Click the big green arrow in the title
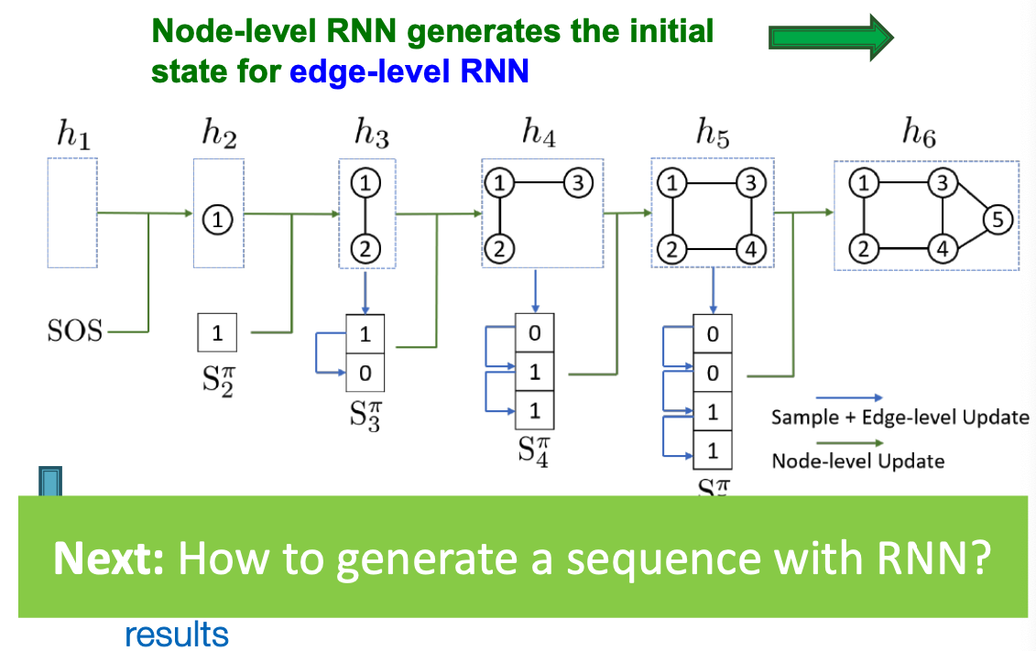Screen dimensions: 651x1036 (830, 37)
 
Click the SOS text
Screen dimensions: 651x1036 (75, 331)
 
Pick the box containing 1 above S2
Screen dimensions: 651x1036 (217, 333)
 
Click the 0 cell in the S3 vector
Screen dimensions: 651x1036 (365, 372)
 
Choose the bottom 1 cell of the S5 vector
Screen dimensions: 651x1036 (713, 450)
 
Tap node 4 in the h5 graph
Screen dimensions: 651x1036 (750, 248)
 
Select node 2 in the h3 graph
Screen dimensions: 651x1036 (365, 247)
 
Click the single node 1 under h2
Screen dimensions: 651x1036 (218, 218)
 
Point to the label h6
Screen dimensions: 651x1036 (918, 136)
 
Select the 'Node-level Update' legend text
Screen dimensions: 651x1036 (857, 461)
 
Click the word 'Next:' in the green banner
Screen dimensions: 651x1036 (108, 557)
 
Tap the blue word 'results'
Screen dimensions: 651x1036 (176, 634)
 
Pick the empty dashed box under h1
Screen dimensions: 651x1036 (72, 212)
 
